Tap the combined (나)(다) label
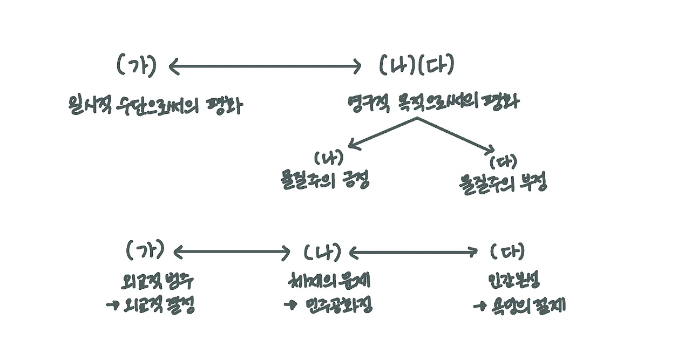click(x=416, y=66)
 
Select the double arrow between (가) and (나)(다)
click(x=265, y=67)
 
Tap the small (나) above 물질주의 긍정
click(x=329, y=158)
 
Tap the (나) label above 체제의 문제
click(x=322, y=252)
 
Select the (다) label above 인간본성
click(x=507, y=251)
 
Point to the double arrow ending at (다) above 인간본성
click(x=414, y=252)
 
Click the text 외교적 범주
click(x=156, y=282)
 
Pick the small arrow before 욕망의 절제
click(x=480, y=307)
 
